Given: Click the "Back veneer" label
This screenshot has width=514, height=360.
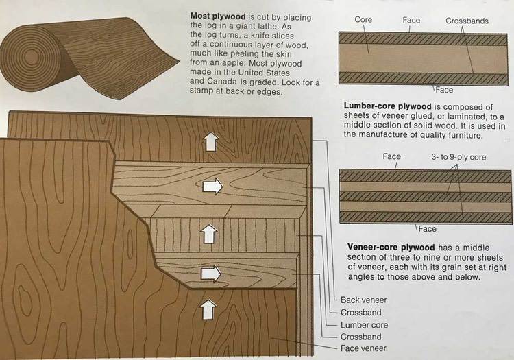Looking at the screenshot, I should [x=364, y=300].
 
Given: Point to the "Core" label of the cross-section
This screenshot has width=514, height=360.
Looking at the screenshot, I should [x=363, y=21].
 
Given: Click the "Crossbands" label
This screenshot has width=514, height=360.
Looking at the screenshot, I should [x=467, y=21].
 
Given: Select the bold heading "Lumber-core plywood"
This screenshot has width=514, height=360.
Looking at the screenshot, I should [x=387, y=106].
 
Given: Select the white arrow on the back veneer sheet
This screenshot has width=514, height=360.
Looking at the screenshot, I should [x=211, y=142].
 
